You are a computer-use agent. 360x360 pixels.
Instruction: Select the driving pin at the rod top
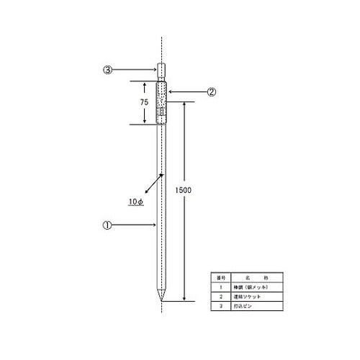pos(162,71)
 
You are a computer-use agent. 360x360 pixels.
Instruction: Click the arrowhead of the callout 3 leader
pos(156,70)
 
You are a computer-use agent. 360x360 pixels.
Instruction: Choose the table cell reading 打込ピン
pos(243,305)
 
